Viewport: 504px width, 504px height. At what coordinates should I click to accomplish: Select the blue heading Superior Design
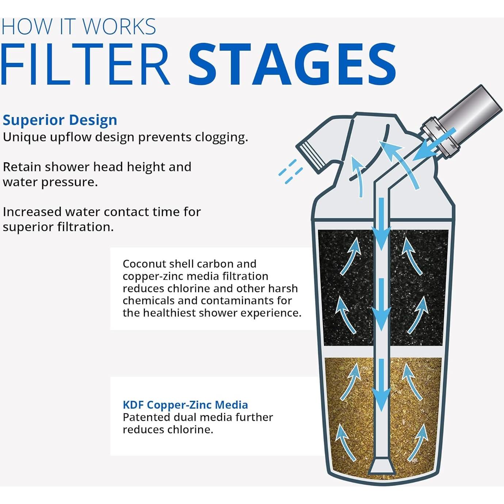pos(60,120)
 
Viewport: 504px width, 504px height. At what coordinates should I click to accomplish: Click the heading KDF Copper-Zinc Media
pos(185,405)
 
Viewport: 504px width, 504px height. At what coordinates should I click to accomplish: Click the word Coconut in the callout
pos(144,264)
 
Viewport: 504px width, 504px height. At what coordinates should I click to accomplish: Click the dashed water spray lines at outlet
pos(290,171)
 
